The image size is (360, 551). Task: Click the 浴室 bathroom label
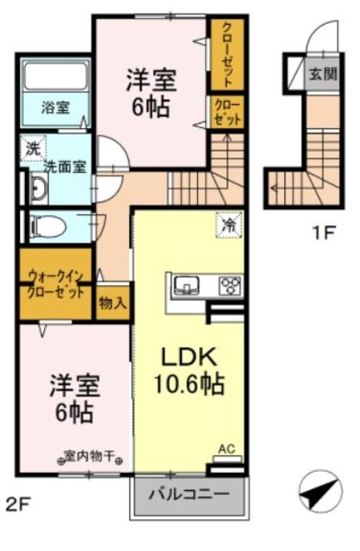[x=53, y=108]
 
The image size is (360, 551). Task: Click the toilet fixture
[x=47, y=225]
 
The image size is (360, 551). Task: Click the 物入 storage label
[x=113, y=302]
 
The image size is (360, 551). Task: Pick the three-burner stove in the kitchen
[x=230, y=285]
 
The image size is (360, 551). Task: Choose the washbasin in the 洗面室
[x=38, y=190]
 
